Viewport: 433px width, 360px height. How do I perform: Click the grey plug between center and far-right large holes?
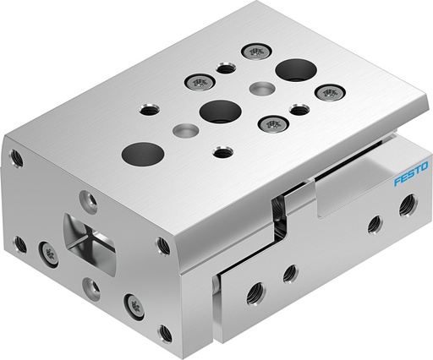click(259, 88)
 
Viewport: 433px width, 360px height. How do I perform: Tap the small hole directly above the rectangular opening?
click(87, 200)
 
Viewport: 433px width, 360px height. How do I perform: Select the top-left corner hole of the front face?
click(15, 156)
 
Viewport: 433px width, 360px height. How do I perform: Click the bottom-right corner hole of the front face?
click(164, 333)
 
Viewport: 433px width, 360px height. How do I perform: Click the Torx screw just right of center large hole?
click(273, 123)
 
